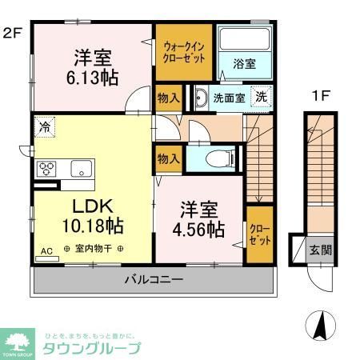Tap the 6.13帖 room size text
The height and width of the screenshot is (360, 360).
(94, 79)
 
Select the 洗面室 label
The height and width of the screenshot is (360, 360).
(227, 98)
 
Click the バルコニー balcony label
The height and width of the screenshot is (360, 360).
(154, 280)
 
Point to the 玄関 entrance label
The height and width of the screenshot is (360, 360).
(320, 249)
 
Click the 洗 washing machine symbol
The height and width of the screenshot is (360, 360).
(261, 97)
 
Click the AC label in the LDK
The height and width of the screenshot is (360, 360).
(46, 251)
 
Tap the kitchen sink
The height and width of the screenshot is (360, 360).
(82, 168)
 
